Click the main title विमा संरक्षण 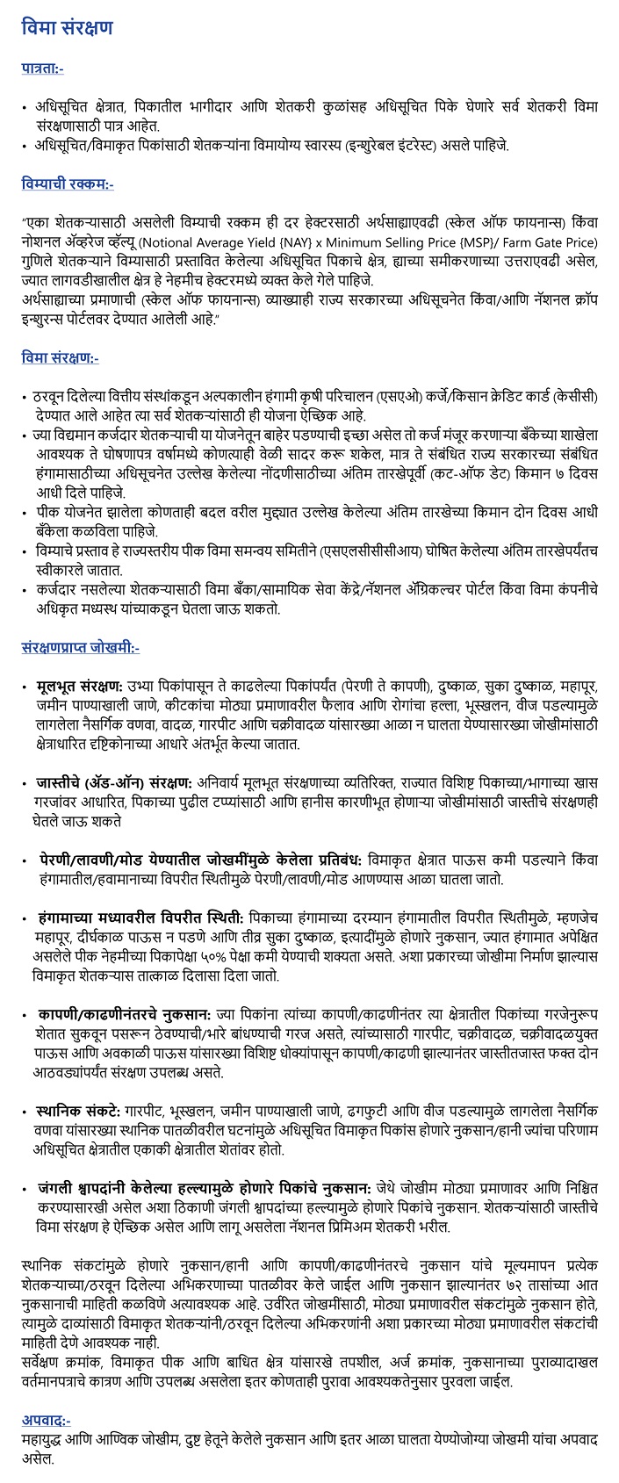68,27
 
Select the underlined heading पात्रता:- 42,68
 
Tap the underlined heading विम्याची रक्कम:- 67,184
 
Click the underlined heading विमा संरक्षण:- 60,357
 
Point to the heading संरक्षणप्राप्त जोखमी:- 80,648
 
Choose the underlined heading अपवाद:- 46,1420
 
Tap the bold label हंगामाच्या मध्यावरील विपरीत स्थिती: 142,917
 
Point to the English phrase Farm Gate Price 553,241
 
